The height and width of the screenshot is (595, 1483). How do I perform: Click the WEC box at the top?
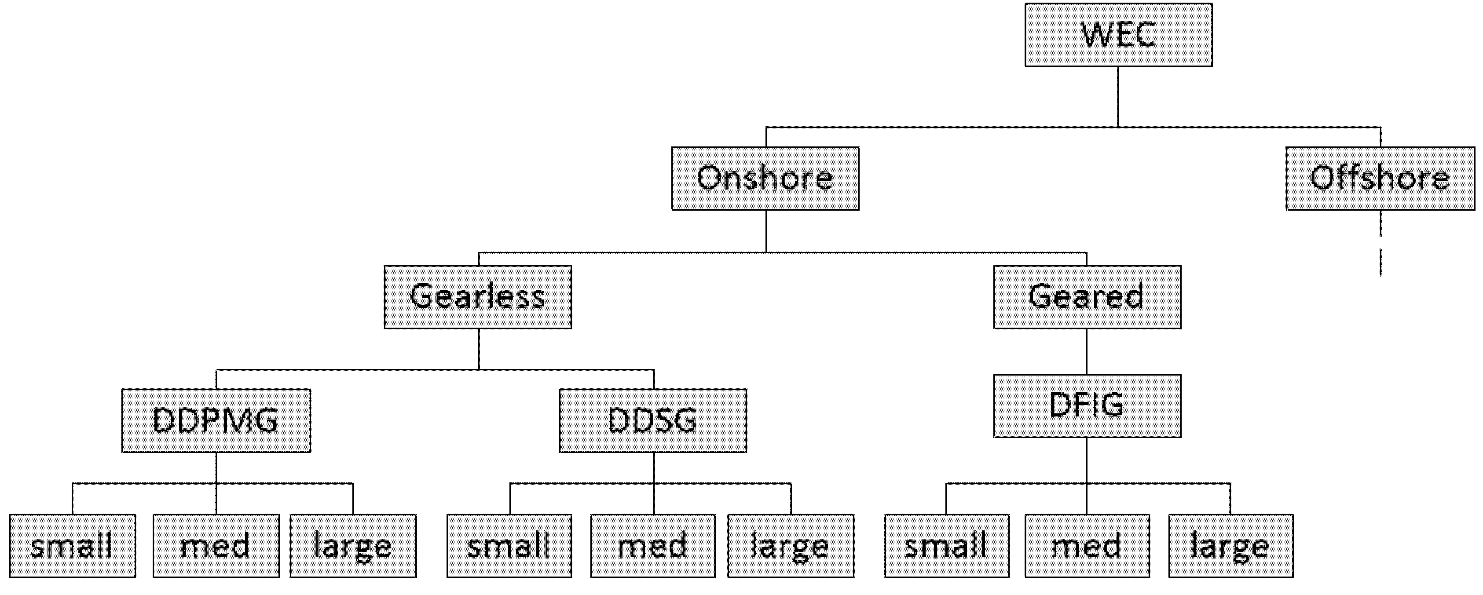click(1118, 35)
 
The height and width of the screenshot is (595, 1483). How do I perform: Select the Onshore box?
click(765, 179)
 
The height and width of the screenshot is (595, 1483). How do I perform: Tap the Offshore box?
click(1380, 179)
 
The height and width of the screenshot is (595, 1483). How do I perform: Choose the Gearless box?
click(478, 297)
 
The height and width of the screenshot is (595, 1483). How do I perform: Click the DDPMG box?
click(216, 421)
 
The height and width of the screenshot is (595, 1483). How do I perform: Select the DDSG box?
click(653, 421)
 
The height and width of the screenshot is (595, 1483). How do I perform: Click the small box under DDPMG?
click(73, 545)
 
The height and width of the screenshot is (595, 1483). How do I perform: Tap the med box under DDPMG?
click(216, 545)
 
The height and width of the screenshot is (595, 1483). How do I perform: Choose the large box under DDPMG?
click(353, 545)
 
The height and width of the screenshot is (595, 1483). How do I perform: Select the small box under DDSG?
click(509, 545)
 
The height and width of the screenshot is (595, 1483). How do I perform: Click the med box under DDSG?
click(653, 545)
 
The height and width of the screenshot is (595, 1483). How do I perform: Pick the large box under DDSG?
click(791, 545)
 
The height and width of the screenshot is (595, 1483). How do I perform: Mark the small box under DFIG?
click(946, 545)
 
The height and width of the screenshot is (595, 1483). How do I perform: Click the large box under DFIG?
click(1231, 545)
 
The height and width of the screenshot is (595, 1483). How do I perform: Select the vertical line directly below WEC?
click(1118, 97)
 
